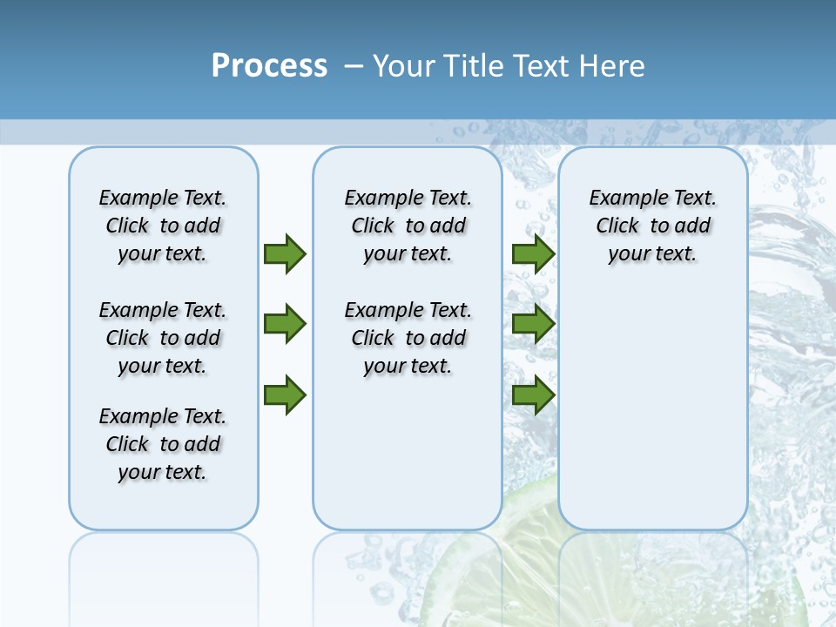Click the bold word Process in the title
pos(269,65)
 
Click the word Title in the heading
pos(475,65)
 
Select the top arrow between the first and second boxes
pos(284,253)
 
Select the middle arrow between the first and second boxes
pos(284,324)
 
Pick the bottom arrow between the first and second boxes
pos(284,395)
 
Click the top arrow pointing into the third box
pos(533,253)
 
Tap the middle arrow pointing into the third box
pos(533,324)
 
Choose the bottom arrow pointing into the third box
pos(533,395)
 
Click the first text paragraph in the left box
pos(163,226)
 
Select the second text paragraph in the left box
pos(163,338)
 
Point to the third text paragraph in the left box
pos(163,444)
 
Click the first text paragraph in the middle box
pos(408,226)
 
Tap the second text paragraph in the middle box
pos(408,338)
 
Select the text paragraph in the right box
pos(652,226)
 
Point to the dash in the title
pos(354,65)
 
